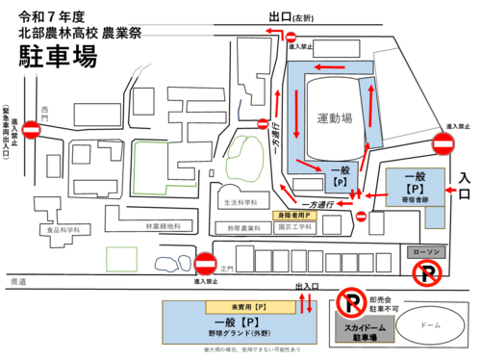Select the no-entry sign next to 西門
[x=33, y=130]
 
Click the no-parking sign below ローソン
[x=426, y=276]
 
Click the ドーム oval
[x=429, y=325]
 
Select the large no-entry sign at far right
[x=443, y=145]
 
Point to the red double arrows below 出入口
[x=307, y=304]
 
